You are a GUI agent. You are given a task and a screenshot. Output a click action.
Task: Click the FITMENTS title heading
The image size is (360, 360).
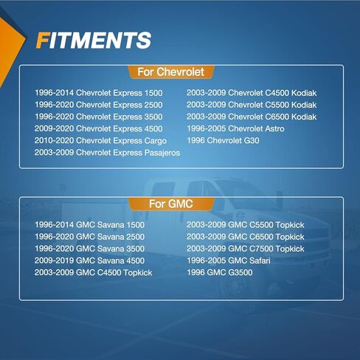(x=94, y=40)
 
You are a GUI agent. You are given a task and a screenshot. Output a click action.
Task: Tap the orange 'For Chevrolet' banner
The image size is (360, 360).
(x=171, y=72)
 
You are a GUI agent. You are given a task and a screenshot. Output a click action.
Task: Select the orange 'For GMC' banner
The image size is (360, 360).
(x=171, y=204)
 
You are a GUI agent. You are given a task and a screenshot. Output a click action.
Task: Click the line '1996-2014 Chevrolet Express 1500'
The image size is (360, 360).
(x=99, y=93)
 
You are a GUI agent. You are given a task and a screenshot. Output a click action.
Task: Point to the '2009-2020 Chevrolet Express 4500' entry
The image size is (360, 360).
(x=99, y=128)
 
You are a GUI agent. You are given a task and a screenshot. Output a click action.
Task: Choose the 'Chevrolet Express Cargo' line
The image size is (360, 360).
(x=121, y=141)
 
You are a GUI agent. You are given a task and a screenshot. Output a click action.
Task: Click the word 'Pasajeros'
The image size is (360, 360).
(x=162, y=153)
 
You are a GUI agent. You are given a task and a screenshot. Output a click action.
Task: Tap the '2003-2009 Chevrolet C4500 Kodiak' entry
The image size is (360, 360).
(x=252, y=93)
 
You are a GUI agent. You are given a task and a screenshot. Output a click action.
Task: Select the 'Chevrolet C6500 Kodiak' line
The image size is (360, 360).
(x=272, y=117)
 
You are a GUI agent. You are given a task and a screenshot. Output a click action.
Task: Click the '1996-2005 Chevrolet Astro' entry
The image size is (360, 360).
(x=235, y=128)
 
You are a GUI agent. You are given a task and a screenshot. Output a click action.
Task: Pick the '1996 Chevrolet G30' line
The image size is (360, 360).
(x=223, y=141)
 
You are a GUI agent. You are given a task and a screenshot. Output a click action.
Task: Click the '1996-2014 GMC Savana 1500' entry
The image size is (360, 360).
(x=89, y=225)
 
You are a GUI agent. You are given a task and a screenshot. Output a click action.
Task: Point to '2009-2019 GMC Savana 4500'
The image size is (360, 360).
(x=89, y=260)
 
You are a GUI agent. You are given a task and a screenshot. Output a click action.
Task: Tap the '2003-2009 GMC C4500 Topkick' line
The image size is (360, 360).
(x=94, y=272)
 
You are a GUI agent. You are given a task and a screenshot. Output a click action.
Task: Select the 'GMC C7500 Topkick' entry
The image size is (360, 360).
(x=266, y=249)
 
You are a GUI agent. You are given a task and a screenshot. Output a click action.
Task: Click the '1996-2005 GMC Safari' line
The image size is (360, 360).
(x=229, y=260)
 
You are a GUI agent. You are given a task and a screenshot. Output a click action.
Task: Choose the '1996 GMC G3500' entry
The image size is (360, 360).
(x=220, y=272)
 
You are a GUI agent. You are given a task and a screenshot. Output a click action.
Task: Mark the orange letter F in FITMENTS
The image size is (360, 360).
(x=42, y=40)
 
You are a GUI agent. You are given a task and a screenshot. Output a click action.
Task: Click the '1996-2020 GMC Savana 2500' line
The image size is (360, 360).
(x=89, y=237)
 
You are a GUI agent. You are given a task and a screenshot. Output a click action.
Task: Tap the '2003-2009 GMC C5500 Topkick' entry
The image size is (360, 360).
(x=246, y=225)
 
